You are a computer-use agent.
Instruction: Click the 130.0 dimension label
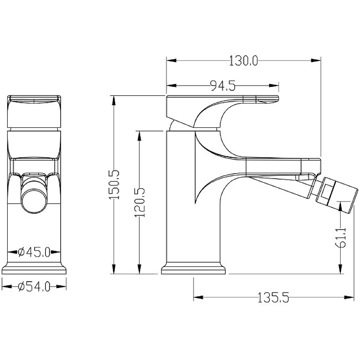tap(243, 61)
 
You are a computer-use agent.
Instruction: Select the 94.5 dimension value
tap(223, 85)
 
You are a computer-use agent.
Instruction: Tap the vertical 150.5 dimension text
tap(114, 184)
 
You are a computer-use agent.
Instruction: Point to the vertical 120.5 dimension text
tap(139, 202)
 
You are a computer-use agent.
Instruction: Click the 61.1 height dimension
tap(341, 238)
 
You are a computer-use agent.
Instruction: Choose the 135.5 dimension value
tap(273, 297)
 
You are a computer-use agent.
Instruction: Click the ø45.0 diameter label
tap(34, 252)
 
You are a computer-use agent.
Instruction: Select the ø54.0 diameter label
tap(34, 287)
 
